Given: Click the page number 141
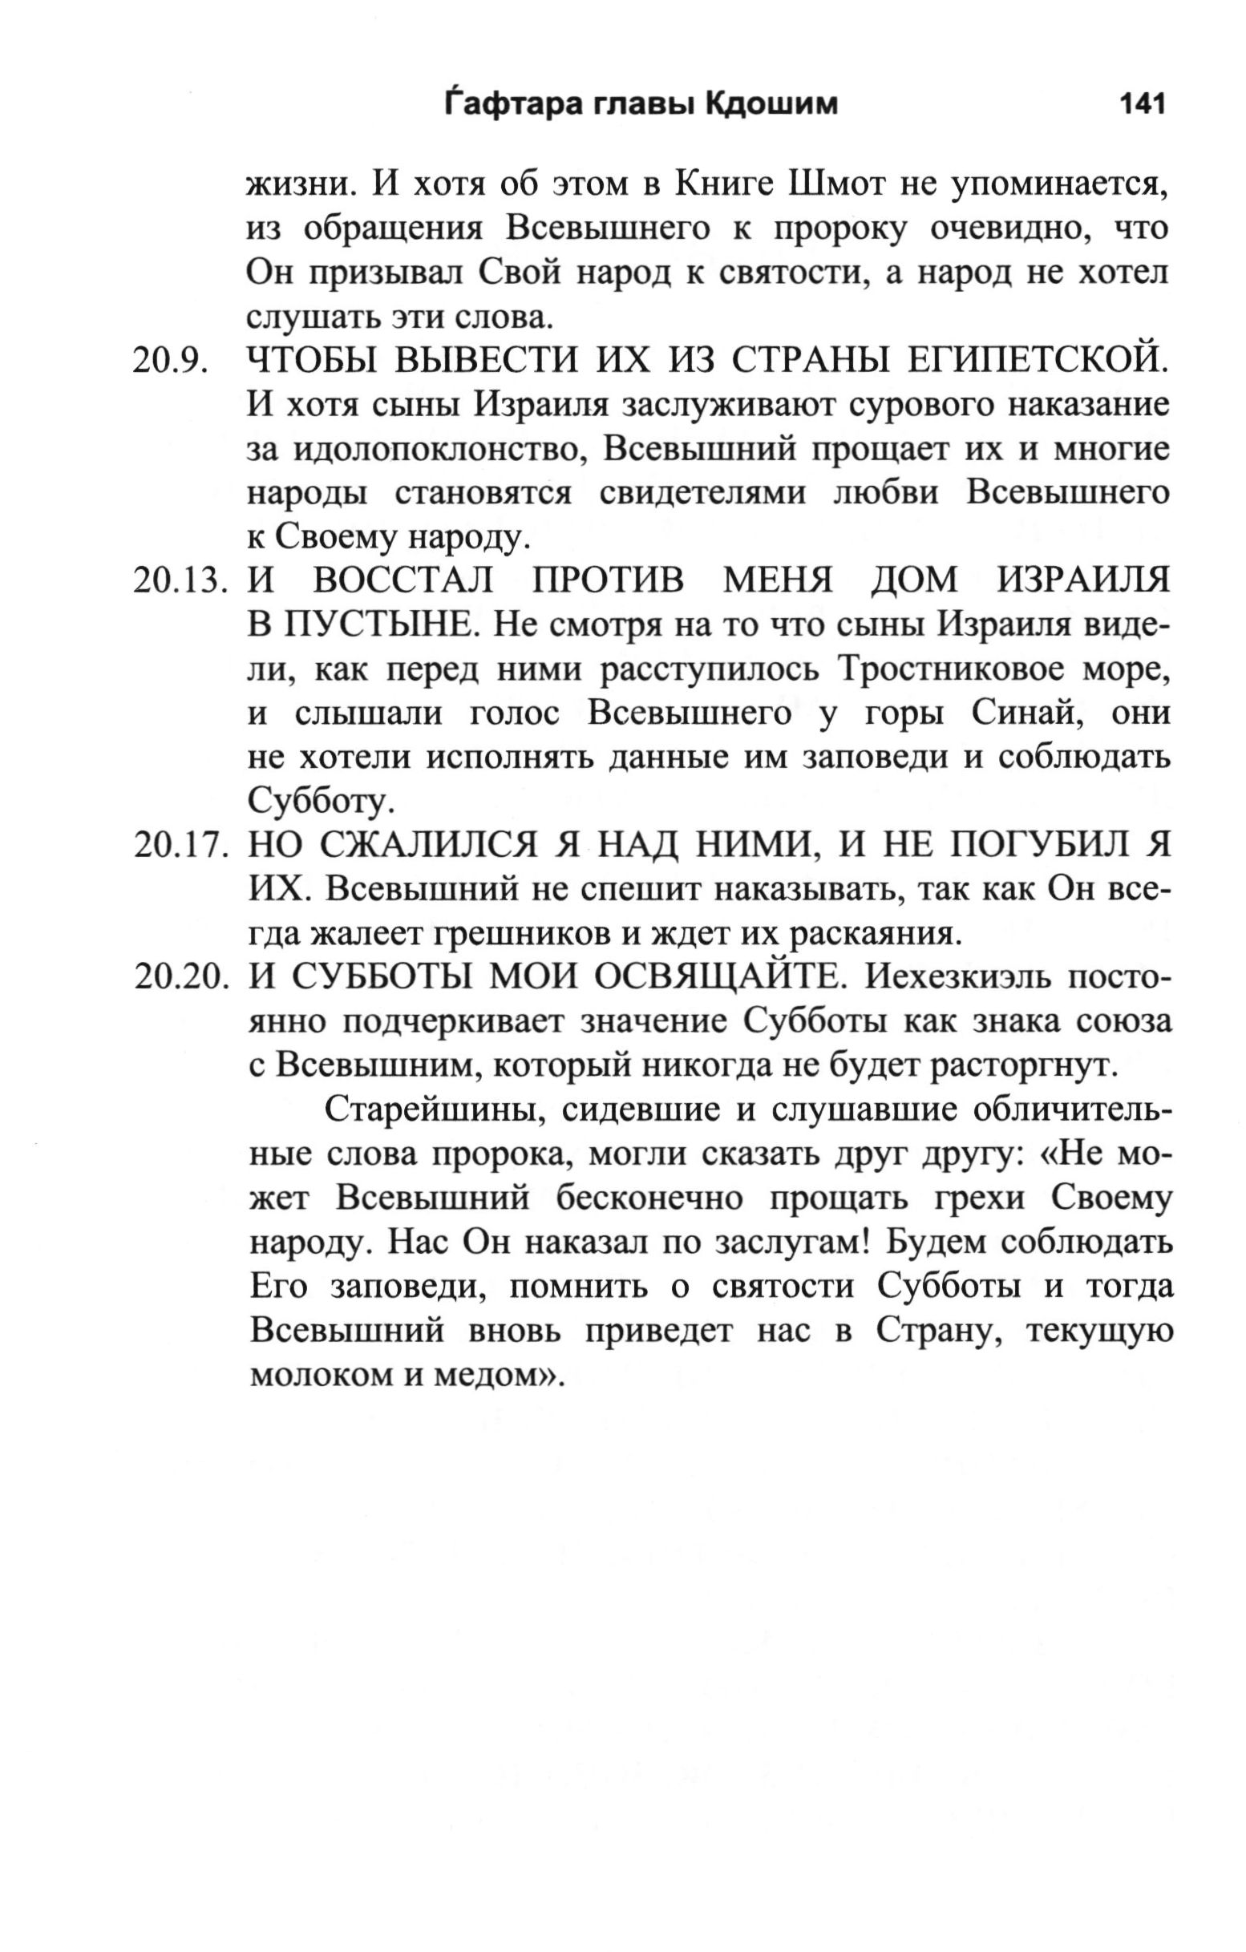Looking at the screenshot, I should (1142, 104).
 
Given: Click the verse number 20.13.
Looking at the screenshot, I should (177, 582).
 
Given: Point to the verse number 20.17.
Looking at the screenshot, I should (177, 847).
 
